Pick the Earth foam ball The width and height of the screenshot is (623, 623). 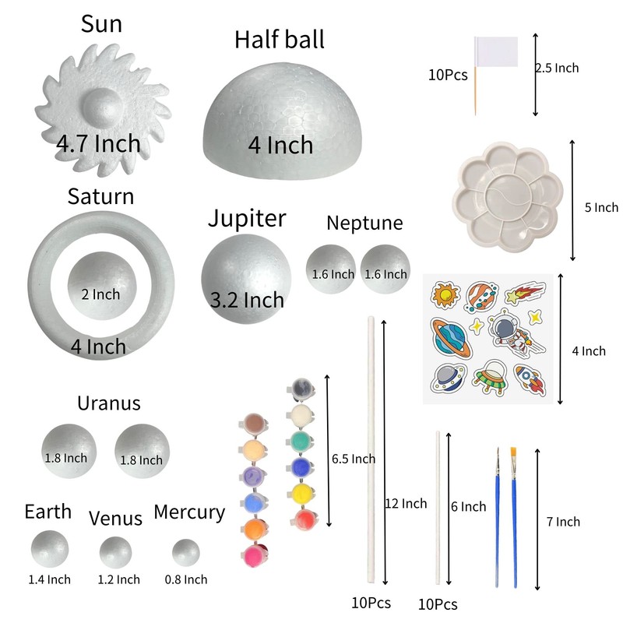click(49, 547)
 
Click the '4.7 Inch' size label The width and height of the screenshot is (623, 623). click(98, 143)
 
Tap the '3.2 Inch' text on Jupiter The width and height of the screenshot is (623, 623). click(248, 299)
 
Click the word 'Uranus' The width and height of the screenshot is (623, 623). click(109, 403)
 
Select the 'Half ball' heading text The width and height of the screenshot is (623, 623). click(280, 39)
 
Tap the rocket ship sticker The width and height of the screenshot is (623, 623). click(531, 379)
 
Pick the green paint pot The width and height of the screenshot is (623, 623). click(301, 442)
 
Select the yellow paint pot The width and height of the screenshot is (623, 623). click(301, 493)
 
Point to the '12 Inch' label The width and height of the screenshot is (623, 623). click(407, 503)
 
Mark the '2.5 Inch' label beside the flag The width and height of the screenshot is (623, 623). click(558, 68)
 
